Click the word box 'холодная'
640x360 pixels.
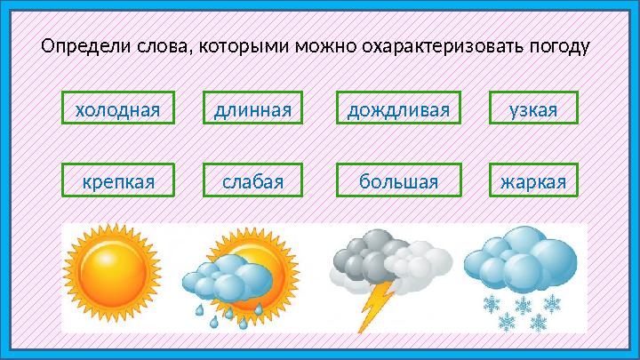pos(118,108)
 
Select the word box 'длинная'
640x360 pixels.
pos(252,108)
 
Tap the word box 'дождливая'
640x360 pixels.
pos(398,108)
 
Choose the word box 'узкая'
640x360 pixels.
pos(533,108)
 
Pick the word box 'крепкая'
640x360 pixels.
pos(118,180)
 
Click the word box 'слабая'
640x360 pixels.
pos(252,180)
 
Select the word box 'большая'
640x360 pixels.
pos(399,180)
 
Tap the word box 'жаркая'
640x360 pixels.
pos(533,180)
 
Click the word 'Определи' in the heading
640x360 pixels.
pos(86,46)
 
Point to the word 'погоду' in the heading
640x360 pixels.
pos(560,47)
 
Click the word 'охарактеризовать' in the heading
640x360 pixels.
pos(443,46)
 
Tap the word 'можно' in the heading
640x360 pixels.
pos(325,46)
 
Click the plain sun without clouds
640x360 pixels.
pos(112,273)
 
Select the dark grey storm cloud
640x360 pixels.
pos(365,257)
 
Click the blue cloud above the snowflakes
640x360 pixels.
pos(520,260)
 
